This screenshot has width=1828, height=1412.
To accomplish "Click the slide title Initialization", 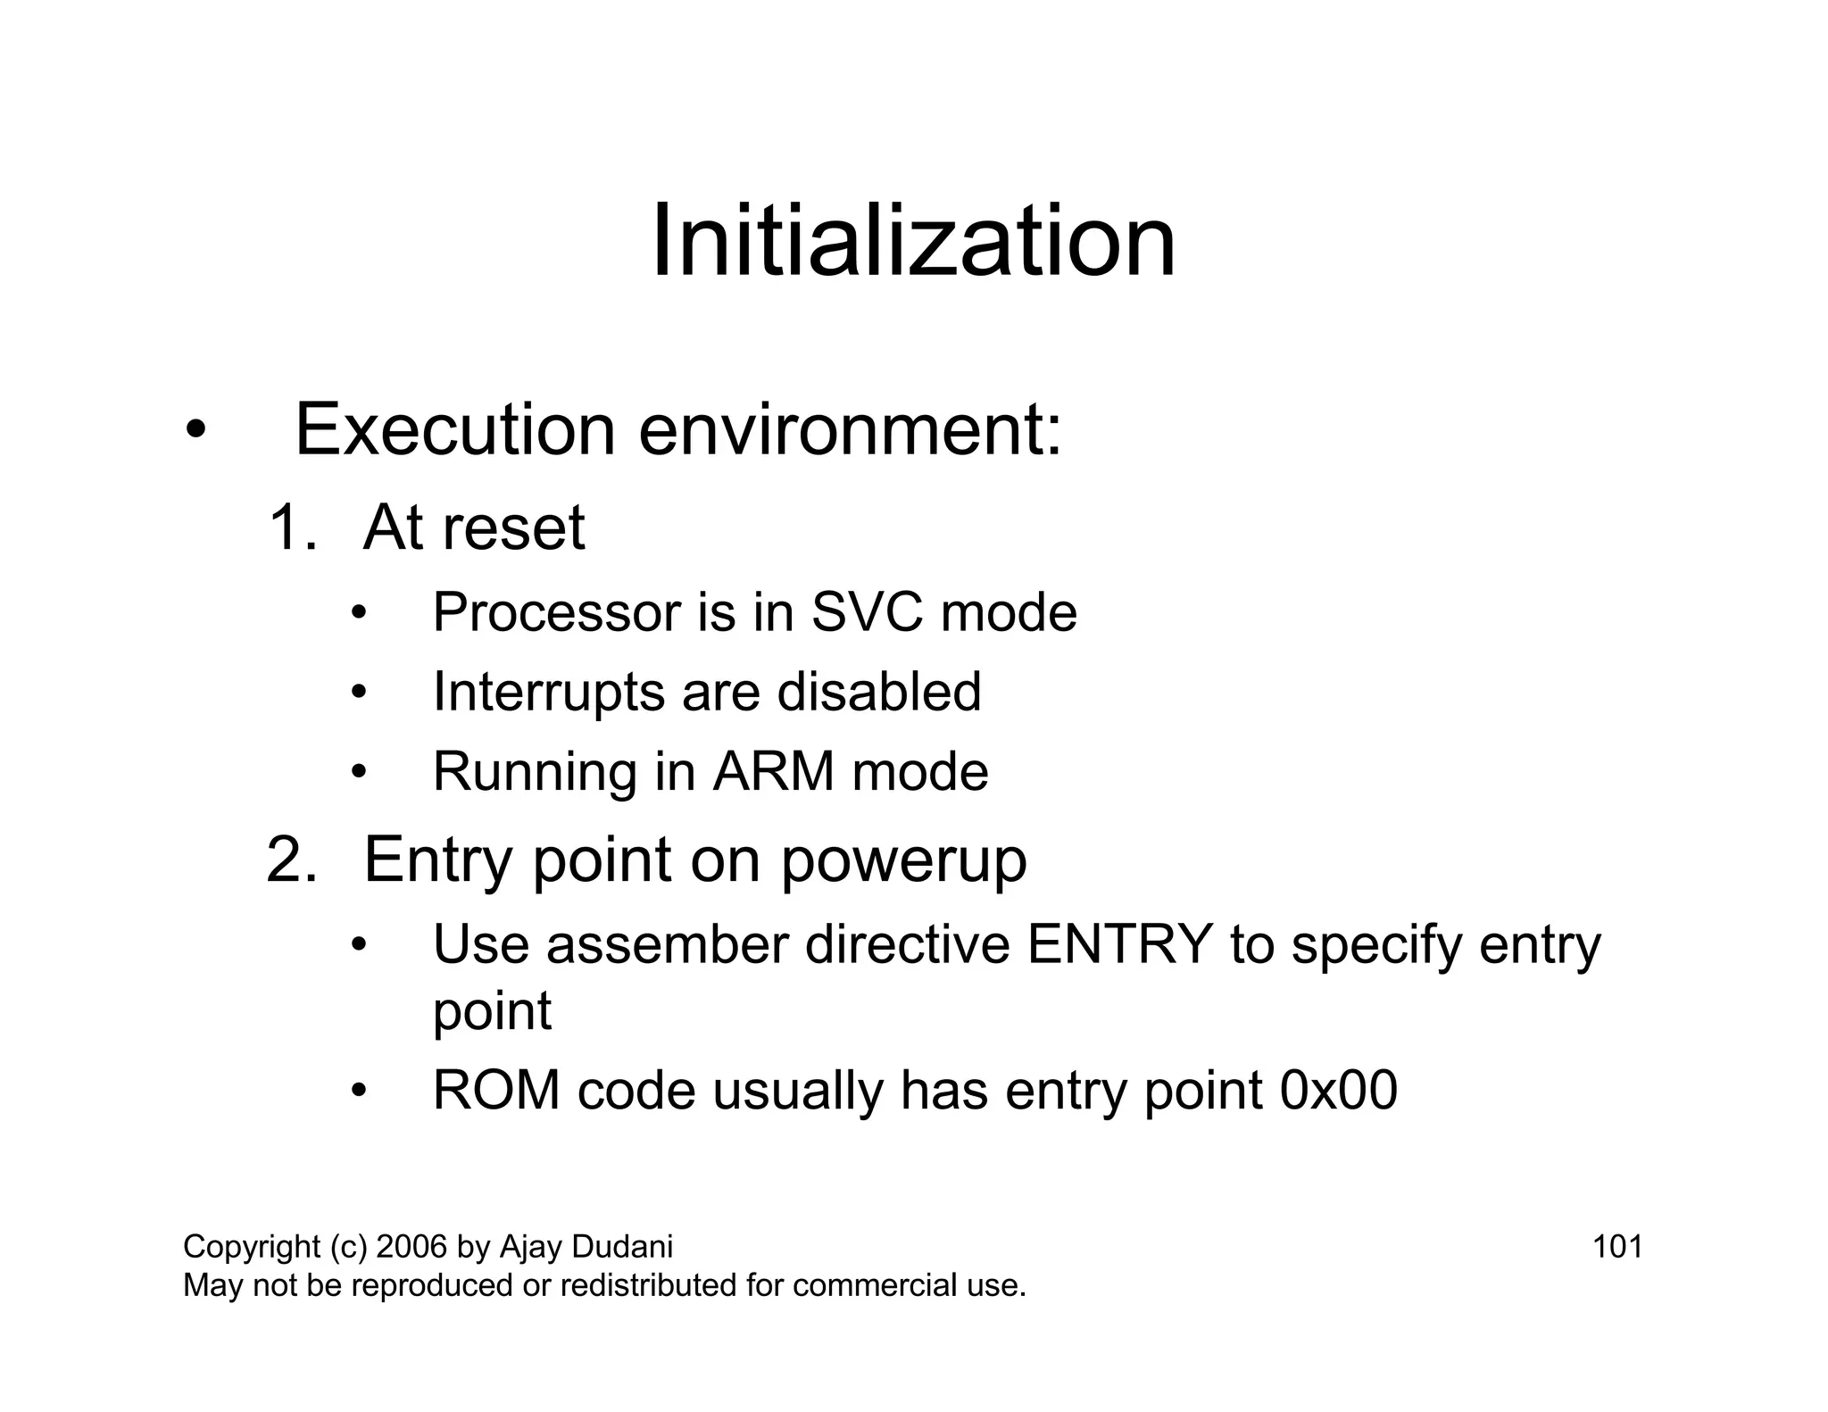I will pos(913,241).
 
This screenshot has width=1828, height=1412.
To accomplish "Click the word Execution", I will pos(454,430).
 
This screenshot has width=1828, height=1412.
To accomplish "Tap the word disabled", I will pos(878,692).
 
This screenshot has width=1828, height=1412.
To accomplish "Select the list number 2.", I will pos(291,860).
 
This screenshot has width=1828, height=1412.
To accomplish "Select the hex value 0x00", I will pos(1338,1091).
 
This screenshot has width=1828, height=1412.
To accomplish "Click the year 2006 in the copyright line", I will pos(411,1246).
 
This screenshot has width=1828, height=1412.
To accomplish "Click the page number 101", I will pos(1617,1246).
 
